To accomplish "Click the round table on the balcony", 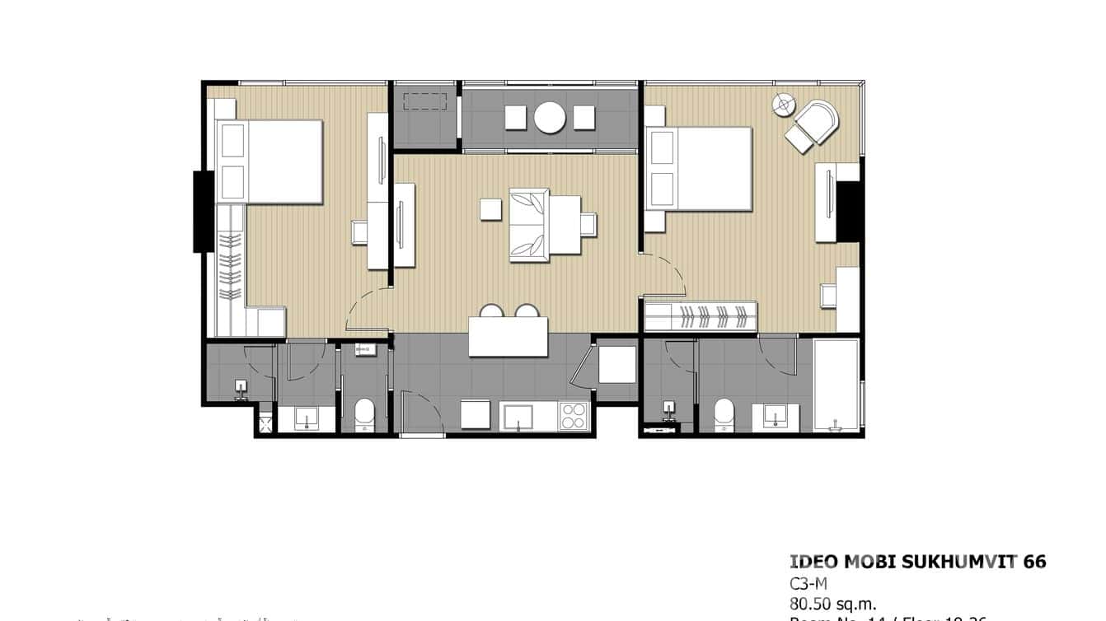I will pos(549,117).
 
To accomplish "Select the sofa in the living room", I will pos(528,224).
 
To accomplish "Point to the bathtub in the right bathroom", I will pos(836,385).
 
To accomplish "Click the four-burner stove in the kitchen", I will pos(574,416).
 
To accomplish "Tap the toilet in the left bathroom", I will pos(363,415).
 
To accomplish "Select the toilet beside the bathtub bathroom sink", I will pos(724,415).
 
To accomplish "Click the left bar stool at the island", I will pos(492,312).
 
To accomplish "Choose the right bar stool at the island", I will pos(527,312).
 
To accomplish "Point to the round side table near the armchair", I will pos(783,105).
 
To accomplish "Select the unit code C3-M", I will pos(808,583).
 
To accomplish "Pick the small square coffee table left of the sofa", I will pos(491,209).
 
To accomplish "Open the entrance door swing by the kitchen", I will pos(420,412).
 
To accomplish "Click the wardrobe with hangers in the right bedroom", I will pos(701,316).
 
